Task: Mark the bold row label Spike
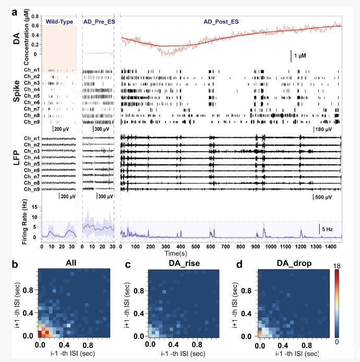point(10,96)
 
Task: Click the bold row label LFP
point(10,162)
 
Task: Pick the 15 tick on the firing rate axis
point(34,207)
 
